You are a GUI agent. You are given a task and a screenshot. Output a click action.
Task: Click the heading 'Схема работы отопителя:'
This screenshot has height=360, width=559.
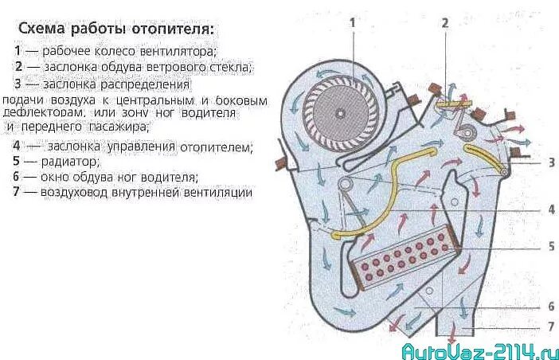click(116, 29)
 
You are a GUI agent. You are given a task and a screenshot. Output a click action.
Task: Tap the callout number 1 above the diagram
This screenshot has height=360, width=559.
click(352, 22)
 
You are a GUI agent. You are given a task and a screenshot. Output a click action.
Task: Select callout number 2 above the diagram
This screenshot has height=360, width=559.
click(446, 22)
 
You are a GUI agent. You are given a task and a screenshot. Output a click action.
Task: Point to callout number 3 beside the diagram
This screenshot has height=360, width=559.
click(550, 162)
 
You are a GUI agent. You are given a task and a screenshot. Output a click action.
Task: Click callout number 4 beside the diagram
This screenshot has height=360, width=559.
click(550, 210)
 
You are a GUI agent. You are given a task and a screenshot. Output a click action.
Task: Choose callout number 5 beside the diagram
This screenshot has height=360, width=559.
click(550, 247)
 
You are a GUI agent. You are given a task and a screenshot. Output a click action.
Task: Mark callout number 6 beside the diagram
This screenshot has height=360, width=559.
click(550, 307)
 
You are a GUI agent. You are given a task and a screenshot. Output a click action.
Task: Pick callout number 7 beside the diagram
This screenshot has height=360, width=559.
click(550, 327)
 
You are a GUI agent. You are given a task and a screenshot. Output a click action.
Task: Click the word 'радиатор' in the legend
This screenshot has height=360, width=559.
click(72, 162)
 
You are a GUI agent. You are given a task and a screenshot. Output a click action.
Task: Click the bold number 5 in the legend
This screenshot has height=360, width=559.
click(17, 162)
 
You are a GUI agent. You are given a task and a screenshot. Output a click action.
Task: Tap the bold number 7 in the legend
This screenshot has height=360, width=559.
click(17, 192)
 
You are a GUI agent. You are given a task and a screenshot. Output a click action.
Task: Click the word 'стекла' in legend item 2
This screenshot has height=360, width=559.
click(230, 67)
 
